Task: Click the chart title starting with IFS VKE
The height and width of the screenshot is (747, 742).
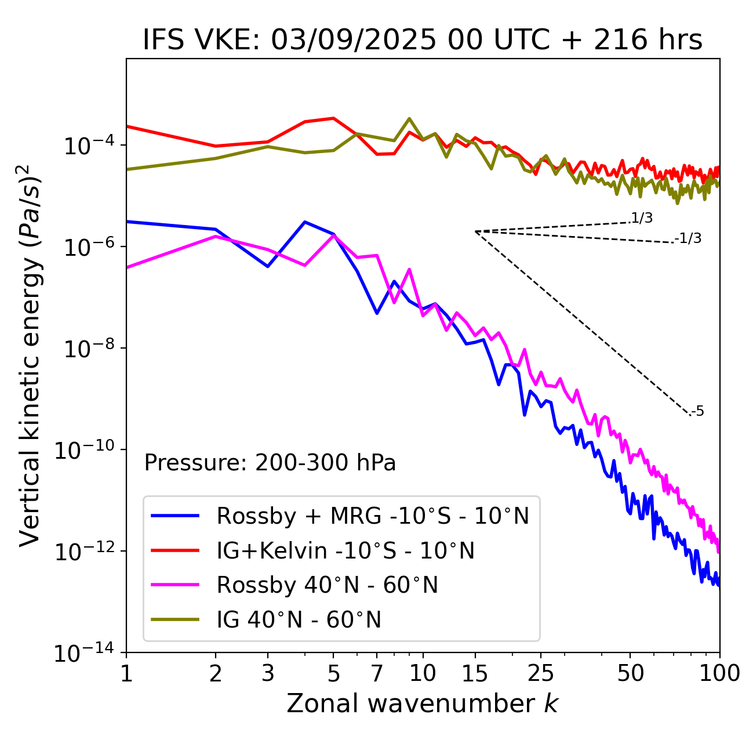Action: pyautogui.click(x=423, y=40)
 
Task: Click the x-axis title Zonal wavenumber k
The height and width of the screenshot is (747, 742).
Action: pyautogui.click(x=423, y=703)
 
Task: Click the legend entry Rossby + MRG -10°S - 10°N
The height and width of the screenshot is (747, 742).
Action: pyautogui.click(x=373, y=516)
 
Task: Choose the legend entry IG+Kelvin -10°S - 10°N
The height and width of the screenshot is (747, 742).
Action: pyautogui.click(x=345, y=550)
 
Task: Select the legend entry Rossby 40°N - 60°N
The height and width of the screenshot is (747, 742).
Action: pyautogui.click(x=327, y=585)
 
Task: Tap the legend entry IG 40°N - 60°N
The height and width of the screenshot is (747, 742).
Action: pyautogui.click(x=299, y=620)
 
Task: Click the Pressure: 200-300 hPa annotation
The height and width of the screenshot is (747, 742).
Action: pyautogui.click(x=270, y=463)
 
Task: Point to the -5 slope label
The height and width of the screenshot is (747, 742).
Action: pyautogui.click(x=698, y=411)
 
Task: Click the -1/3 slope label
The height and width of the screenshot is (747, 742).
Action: pyautogui.click(x=689, y=238)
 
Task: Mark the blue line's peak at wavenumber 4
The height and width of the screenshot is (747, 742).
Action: pyautogui.click(x=305, y=222)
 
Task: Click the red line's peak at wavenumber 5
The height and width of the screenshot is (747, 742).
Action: pyautogui.click(x=333, y=118)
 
